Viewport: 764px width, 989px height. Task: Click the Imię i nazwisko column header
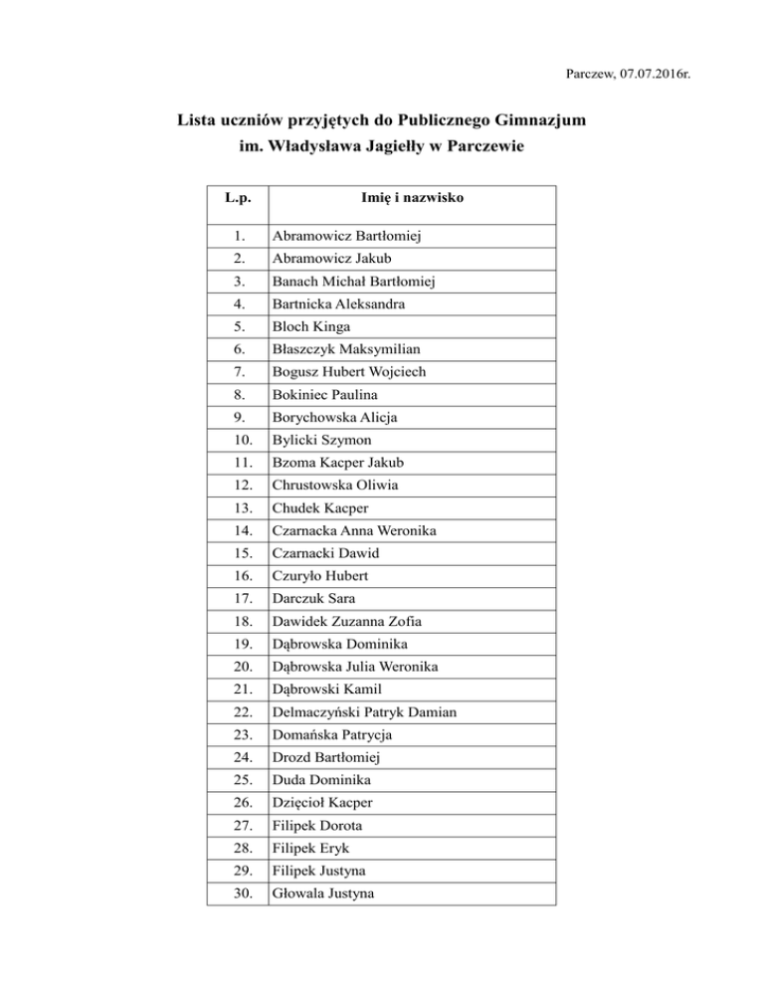click(413, 198)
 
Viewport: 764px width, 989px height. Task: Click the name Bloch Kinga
click(311, 326)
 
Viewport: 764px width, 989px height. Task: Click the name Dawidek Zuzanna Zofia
click(344, 622)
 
